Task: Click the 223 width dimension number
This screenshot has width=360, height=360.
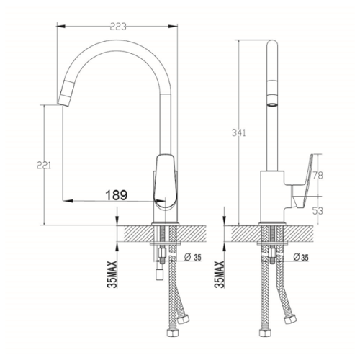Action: click(x=118, y=27)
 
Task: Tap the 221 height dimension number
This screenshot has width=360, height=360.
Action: click(x=44, y=166)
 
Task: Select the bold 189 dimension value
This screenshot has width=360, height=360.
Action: click(x=117, y=195)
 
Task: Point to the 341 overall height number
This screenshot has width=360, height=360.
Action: click(x=239, y=132)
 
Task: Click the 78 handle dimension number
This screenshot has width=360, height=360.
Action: click(x=318, y=176)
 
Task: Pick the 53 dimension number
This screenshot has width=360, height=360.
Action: click(x=318, y=211)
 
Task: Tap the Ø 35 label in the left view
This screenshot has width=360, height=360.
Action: click(x=193, y=258)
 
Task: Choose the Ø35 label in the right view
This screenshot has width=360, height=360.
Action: click(x=301, y=258)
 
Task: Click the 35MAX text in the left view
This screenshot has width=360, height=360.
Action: click(x=112, y=274)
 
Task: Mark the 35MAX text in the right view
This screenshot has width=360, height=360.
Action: click(x=220, y=274)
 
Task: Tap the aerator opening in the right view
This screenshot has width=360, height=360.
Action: click(x=272, y=104)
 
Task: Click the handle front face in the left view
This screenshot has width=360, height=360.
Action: click(x=166, y=182)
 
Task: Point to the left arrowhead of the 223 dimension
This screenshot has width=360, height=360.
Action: click(x=60, y=27)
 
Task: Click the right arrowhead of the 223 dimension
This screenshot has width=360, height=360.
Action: click(x=173, y=27)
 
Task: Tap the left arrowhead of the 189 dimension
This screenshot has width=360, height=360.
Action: click(x=67, y=200)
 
